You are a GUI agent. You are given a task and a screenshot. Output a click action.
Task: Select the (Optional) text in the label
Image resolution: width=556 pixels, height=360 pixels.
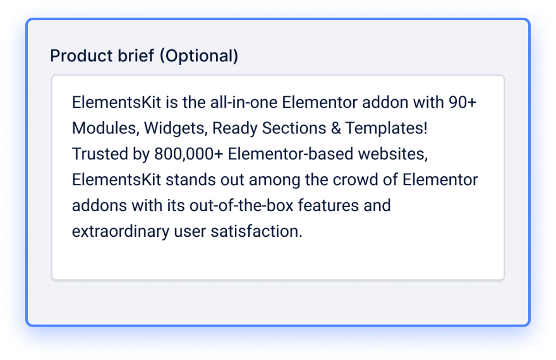199,56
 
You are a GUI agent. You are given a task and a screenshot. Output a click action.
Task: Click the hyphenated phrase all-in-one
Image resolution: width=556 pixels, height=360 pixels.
244,102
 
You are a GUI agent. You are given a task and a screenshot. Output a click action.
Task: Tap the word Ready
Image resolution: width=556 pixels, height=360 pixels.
235,128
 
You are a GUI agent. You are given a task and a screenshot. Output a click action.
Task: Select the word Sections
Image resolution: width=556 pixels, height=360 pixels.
294,128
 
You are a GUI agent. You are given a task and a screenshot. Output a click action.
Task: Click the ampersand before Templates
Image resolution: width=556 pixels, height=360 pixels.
335,128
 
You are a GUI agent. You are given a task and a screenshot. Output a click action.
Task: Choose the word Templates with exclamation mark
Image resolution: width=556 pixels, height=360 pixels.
387,128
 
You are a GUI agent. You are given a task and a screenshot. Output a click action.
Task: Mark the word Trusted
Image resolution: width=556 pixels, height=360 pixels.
100,153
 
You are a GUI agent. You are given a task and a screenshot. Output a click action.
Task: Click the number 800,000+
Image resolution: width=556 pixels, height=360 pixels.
189,154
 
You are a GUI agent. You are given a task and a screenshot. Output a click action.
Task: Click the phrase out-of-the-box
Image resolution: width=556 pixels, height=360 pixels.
241,205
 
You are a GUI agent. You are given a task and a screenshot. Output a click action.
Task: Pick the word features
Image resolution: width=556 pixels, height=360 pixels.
329,205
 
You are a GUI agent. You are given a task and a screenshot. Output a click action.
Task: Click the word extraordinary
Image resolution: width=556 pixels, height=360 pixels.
121,232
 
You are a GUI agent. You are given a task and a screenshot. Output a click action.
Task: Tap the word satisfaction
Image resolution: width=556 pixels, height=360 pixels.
257,231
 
